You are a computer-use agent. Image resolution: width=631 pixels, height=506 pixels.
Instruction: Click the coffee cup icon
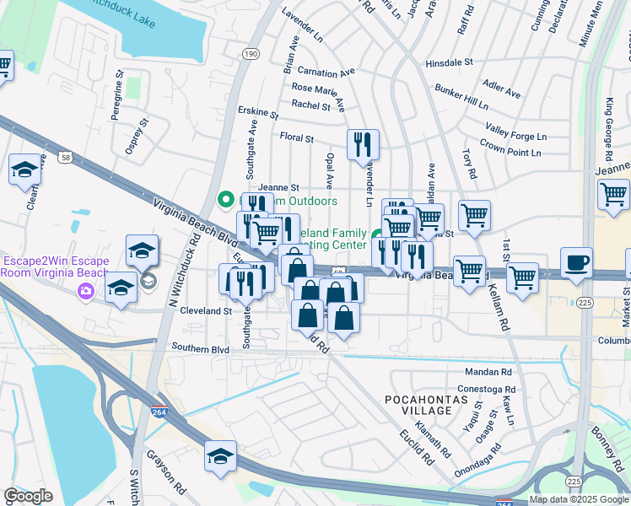coord(577,262)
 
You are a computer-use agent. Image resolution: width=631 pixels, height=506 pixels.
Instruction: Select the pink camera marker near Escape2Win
coord(85,291)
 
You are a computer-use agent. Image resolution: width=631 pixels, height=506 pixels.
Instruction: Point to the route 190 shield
coord(250,52)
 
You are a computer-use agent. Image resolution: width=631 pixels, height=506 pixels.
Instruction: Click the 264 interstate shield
coord(159,412)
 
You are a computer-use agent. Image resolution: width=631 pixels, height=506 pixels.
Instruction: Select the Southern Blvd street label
coord(200,348)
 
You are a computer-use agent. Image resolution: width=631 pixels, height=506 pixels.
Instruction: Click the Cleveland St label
coord(206,310)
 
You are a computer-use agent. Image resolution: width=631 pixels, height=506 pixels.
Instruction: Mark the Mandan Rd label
coord(488,372)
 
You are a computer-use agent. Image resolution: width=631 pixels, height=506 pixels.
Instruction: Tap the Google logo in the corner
coord(27,496)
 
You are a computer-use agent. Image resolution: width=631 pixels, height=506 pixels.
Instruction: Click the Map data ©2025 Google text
coord(578,499)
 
